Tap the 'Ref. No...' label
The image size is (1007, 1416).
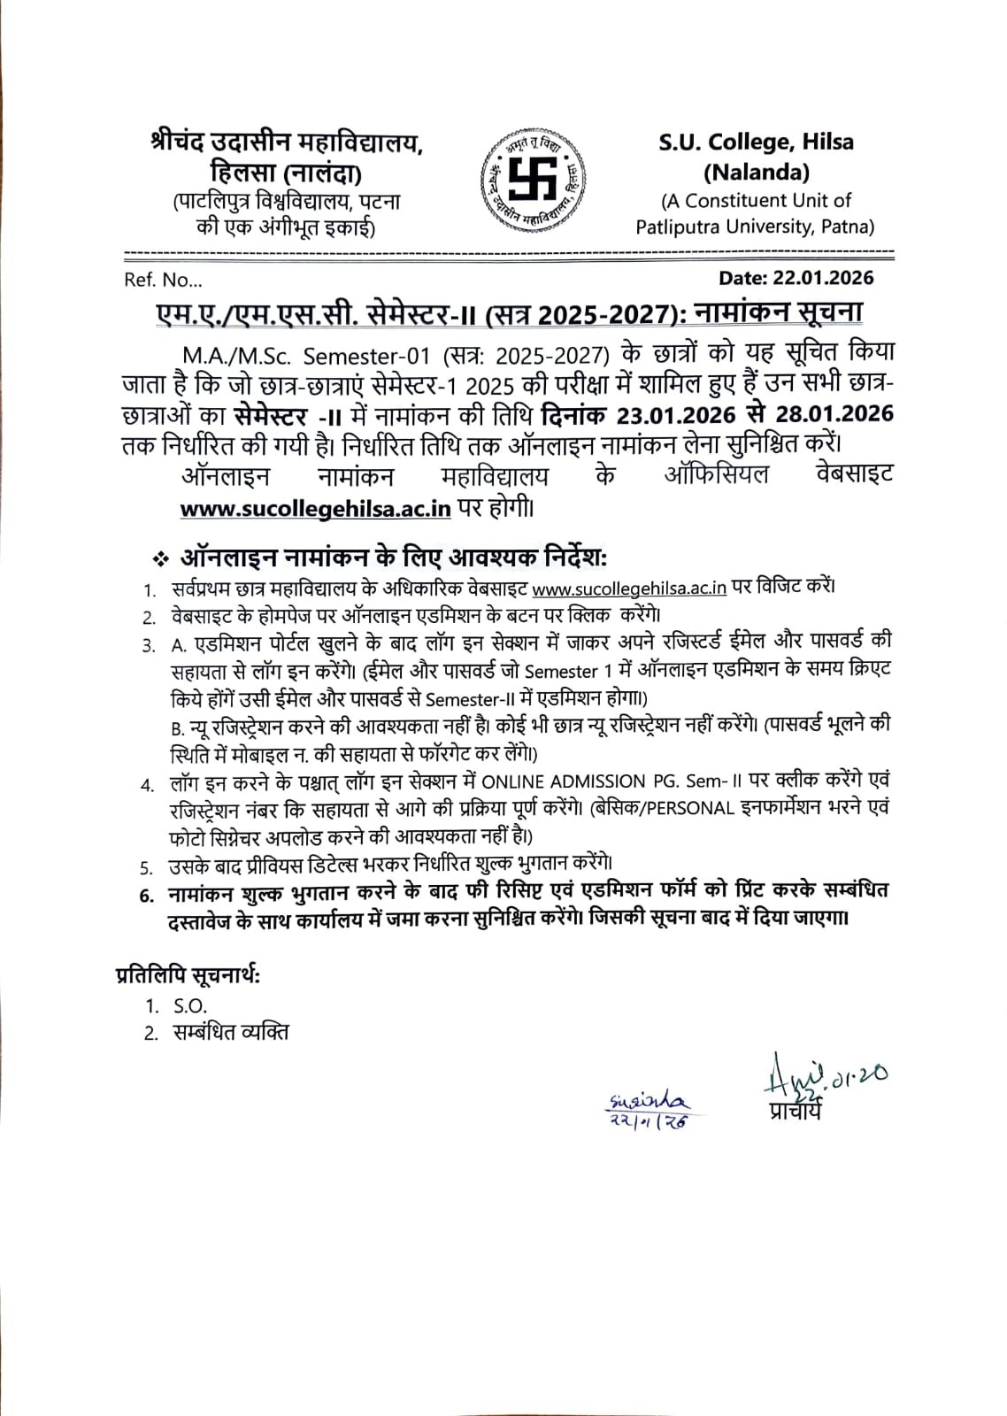(163, 280)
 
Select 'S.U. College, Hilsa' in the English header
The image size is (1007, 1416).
(756, 142)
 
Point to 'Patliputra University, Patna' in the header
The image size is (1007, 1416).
(755, 227)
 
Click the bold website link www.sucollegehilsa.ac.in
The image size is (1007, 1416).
(316, 509)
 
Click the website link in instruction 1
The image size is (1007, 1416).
(629, 588)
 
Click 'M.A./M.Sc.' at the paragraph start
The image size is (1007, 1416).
(233, 356)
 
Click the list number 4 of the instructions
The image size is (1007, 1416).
(146, 785)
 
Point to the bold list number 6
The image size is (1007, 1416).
(146, 895)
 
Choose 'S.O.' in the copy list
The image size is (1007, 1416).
(189, 1006)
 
